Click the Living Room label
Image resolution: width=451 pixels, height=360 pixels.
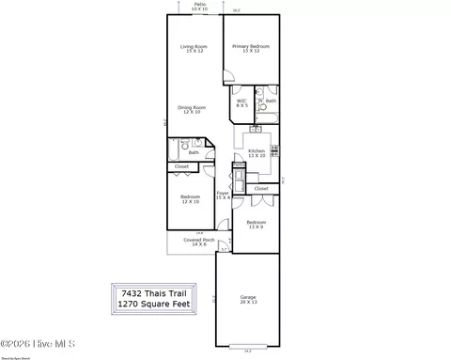(x=194, y=49)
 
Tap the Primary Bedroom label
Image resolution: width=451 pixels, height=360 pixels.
(x=251, y=49)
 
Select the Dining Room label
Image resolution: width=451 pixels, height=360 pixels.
(x=194, y=110)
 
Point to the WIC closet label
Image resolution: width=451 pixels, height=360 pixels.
(x=241, y=102)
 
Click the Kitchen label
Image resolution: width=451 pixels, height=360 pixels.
(x=257, y=152)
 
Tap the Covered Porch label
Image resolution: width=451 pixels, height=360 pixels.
(x=198, y=242)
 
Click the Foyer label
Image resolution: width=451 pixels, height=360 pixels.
(x=223, y=196)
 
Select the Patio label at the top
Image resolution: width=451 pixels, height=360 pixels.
(x=200, y=6)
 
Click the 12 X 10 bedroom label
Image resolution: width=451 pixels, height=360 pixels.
(x=190, y=199)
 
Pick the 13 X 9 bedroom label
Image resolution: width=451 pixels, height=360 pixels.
(x=256, y=225)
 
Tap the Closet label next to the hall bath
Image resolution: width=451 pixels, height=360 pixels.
(x=181, y=167)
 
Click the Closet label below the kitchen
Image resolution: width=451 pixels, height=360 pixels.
(x=261, y=188)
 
